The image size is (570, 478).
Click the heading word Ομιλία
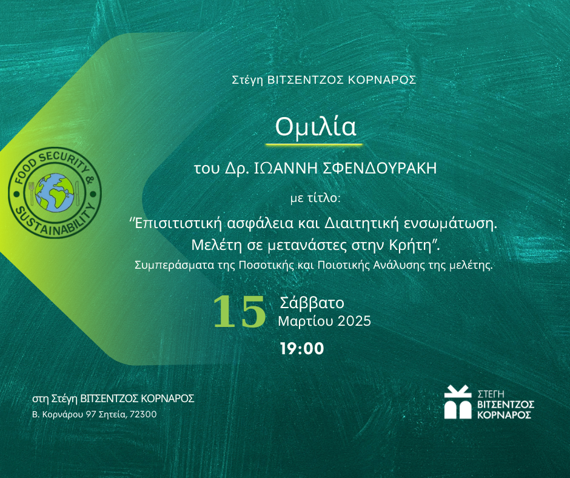(315, 127)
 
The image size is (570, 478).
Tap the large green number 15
(240, 311)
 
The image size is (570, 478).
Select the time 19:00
(302, 349)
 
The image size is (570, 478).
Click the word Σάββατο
(312, 303)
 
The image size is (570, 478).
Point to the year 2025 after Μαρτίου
(354, 321)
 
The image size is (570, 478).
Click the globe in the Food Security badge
(55, 193)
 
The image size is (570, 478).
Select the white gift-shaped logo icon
(458, 402)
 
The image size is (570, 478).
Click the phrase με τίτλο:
(315, 198)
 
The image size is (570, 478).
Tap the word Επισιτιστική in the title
(178, 223)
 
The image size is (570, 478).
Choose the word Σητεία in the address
(112, 414)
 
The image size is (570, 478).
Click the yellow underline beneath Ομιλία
(315, 144)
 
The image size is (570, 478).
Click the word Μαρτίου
(306, 321)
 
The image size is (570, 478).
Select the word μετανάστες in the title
(307, 246)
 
